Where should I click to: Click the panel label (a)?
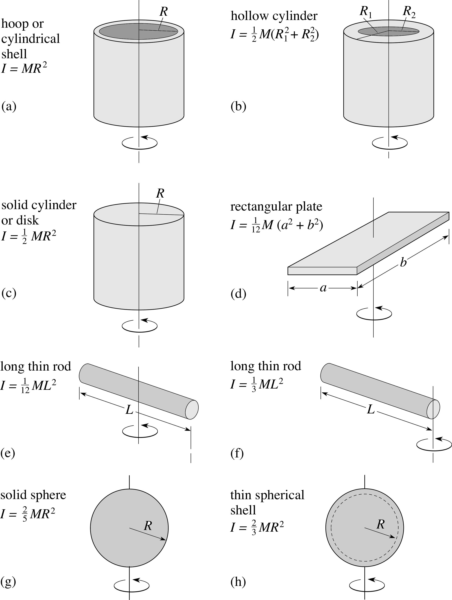9,106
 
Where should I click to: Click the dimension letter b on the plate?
403,262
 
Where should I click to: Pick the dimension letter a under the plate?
323,288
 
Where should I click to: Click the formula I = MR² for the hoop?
24,68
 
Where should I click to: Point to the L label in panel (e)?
130,410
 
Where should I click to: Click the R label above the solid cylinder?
160,193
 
